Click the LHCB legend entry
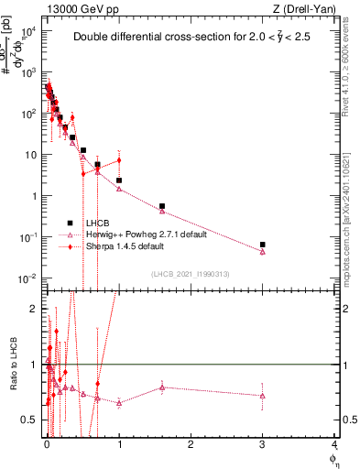97,223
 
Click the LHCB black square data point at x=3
263,245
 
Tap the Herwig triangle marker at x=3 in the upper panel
263,252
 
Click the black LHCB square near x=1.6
162,206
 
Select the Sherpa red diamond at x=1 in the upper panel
119,161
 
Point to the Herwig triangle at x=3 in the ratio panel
263,396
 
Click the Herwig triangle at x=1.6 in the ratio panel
162,387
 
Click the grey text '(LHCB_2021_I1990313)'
190,275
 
